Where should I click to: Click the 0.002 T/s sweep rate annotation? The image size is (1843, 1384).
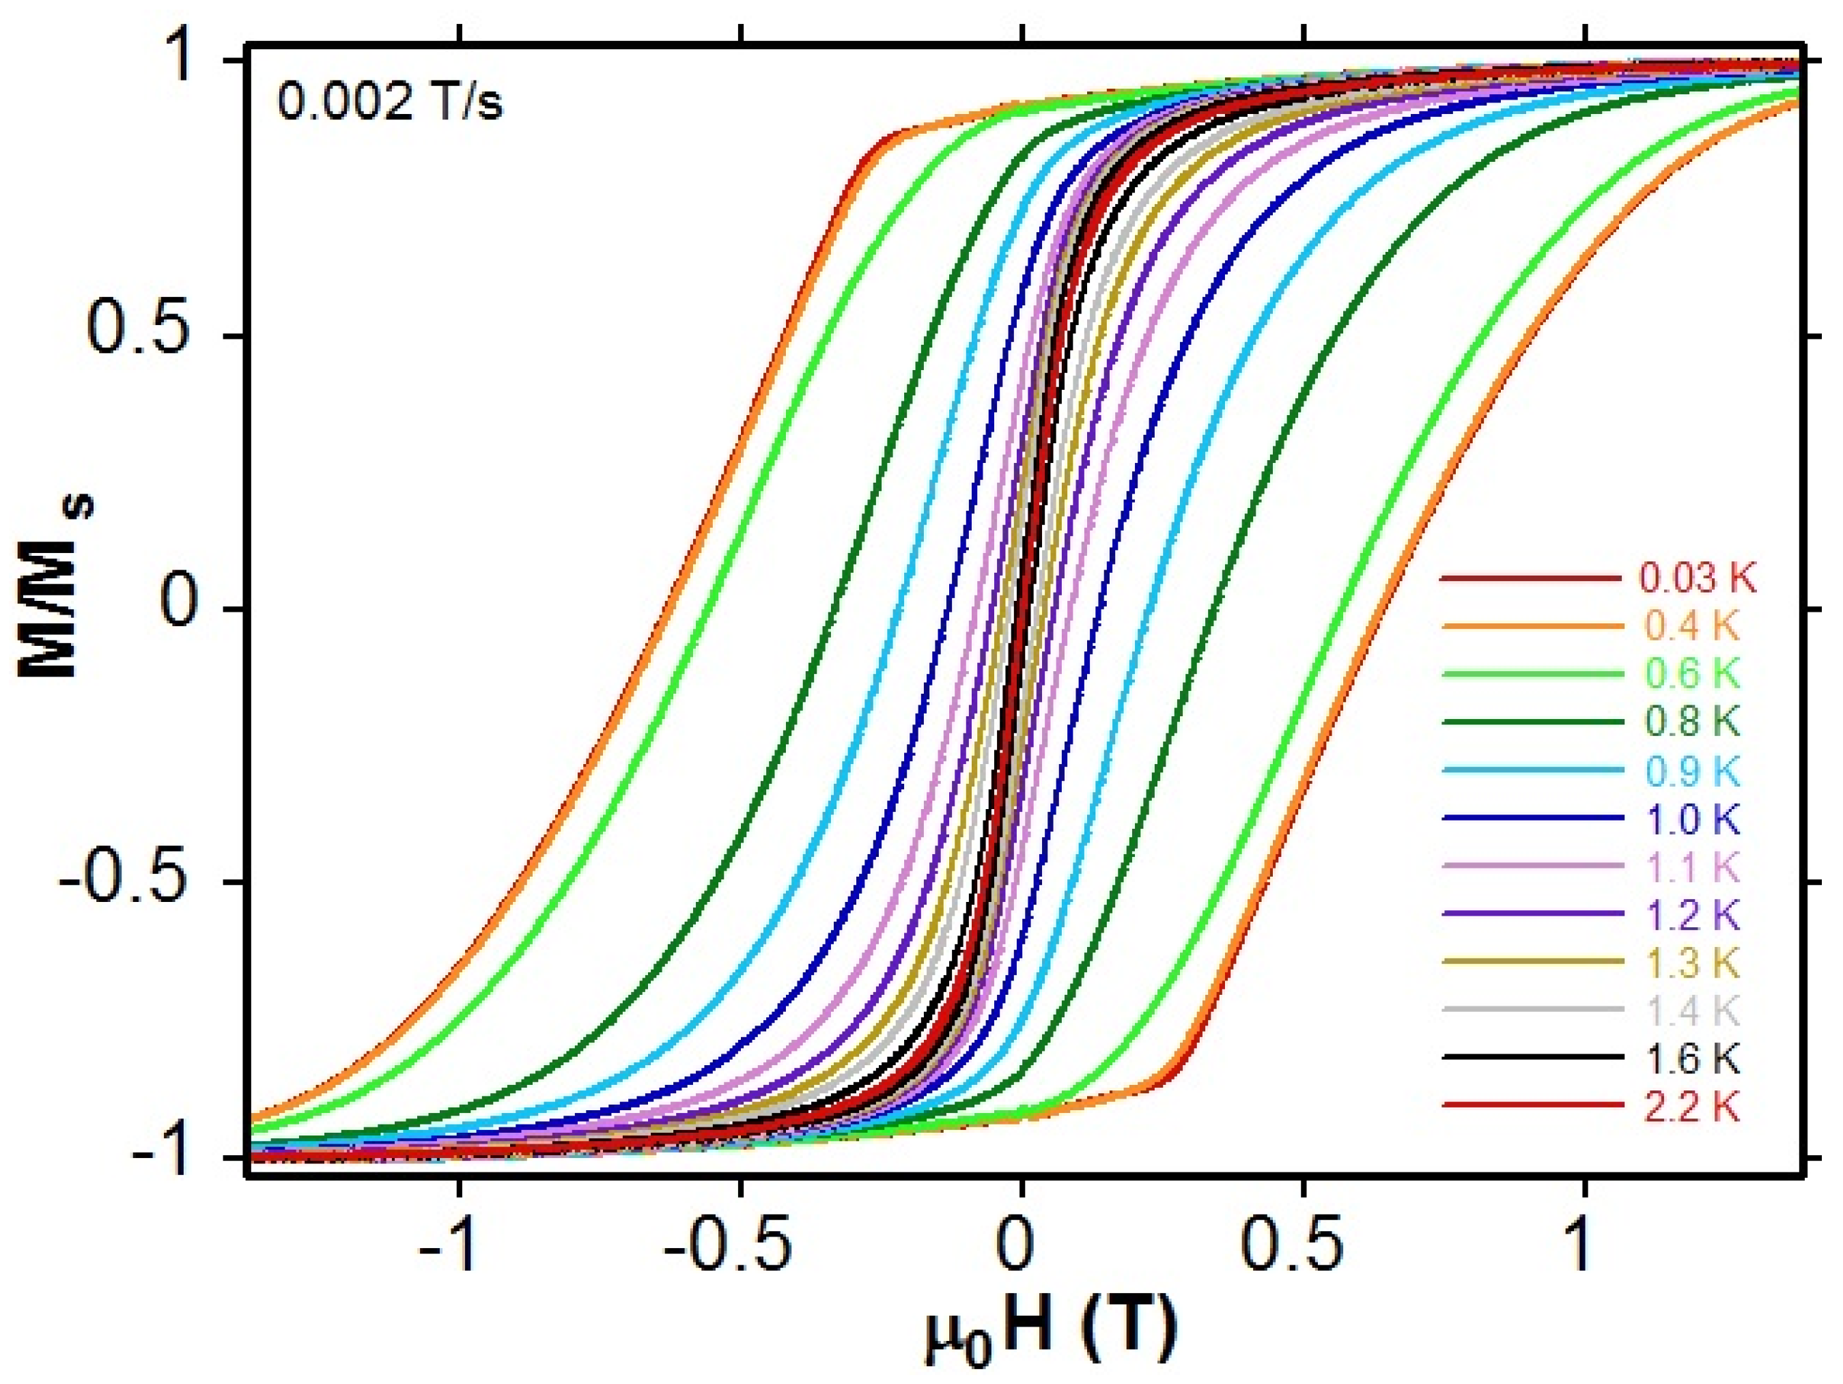coord(390,105)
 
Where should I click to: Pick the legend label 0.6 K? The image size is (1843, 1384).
coord(1691,674)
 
